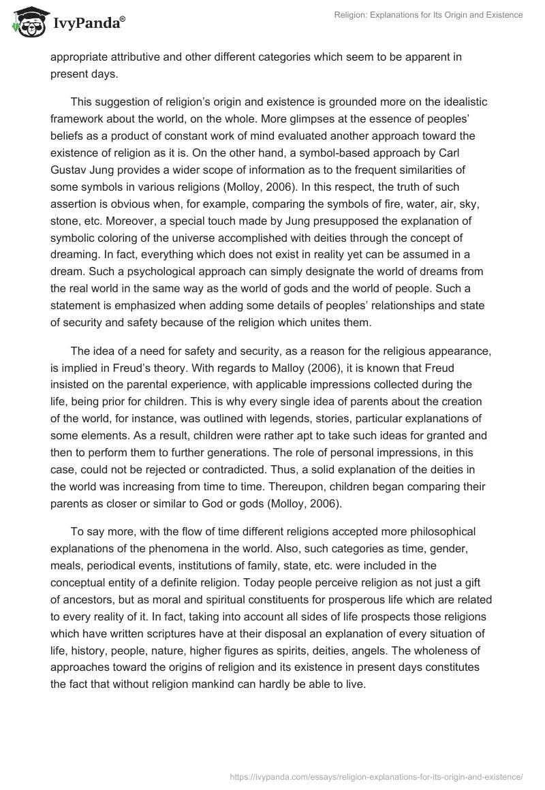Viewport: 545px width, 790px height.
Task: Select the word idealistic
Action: coord(452,101)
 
